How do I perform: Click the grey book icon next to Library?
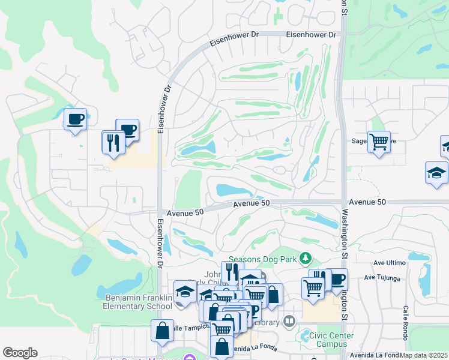(290, 322)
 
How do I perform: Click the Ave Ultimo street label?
(387, 263)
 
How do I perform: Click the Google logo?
(20, 353)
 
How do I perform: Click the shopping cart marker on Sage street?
(379, 142)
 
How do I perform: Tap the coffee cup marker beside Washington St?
(336, 279)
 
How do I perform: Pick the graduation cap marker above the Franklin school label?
(185, 292)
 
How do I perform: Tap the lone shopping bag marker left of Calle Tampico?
(162, 331)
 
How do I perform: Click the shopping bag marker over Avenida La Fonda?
(221, 346)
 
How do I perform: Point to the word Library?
(267, 323)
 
